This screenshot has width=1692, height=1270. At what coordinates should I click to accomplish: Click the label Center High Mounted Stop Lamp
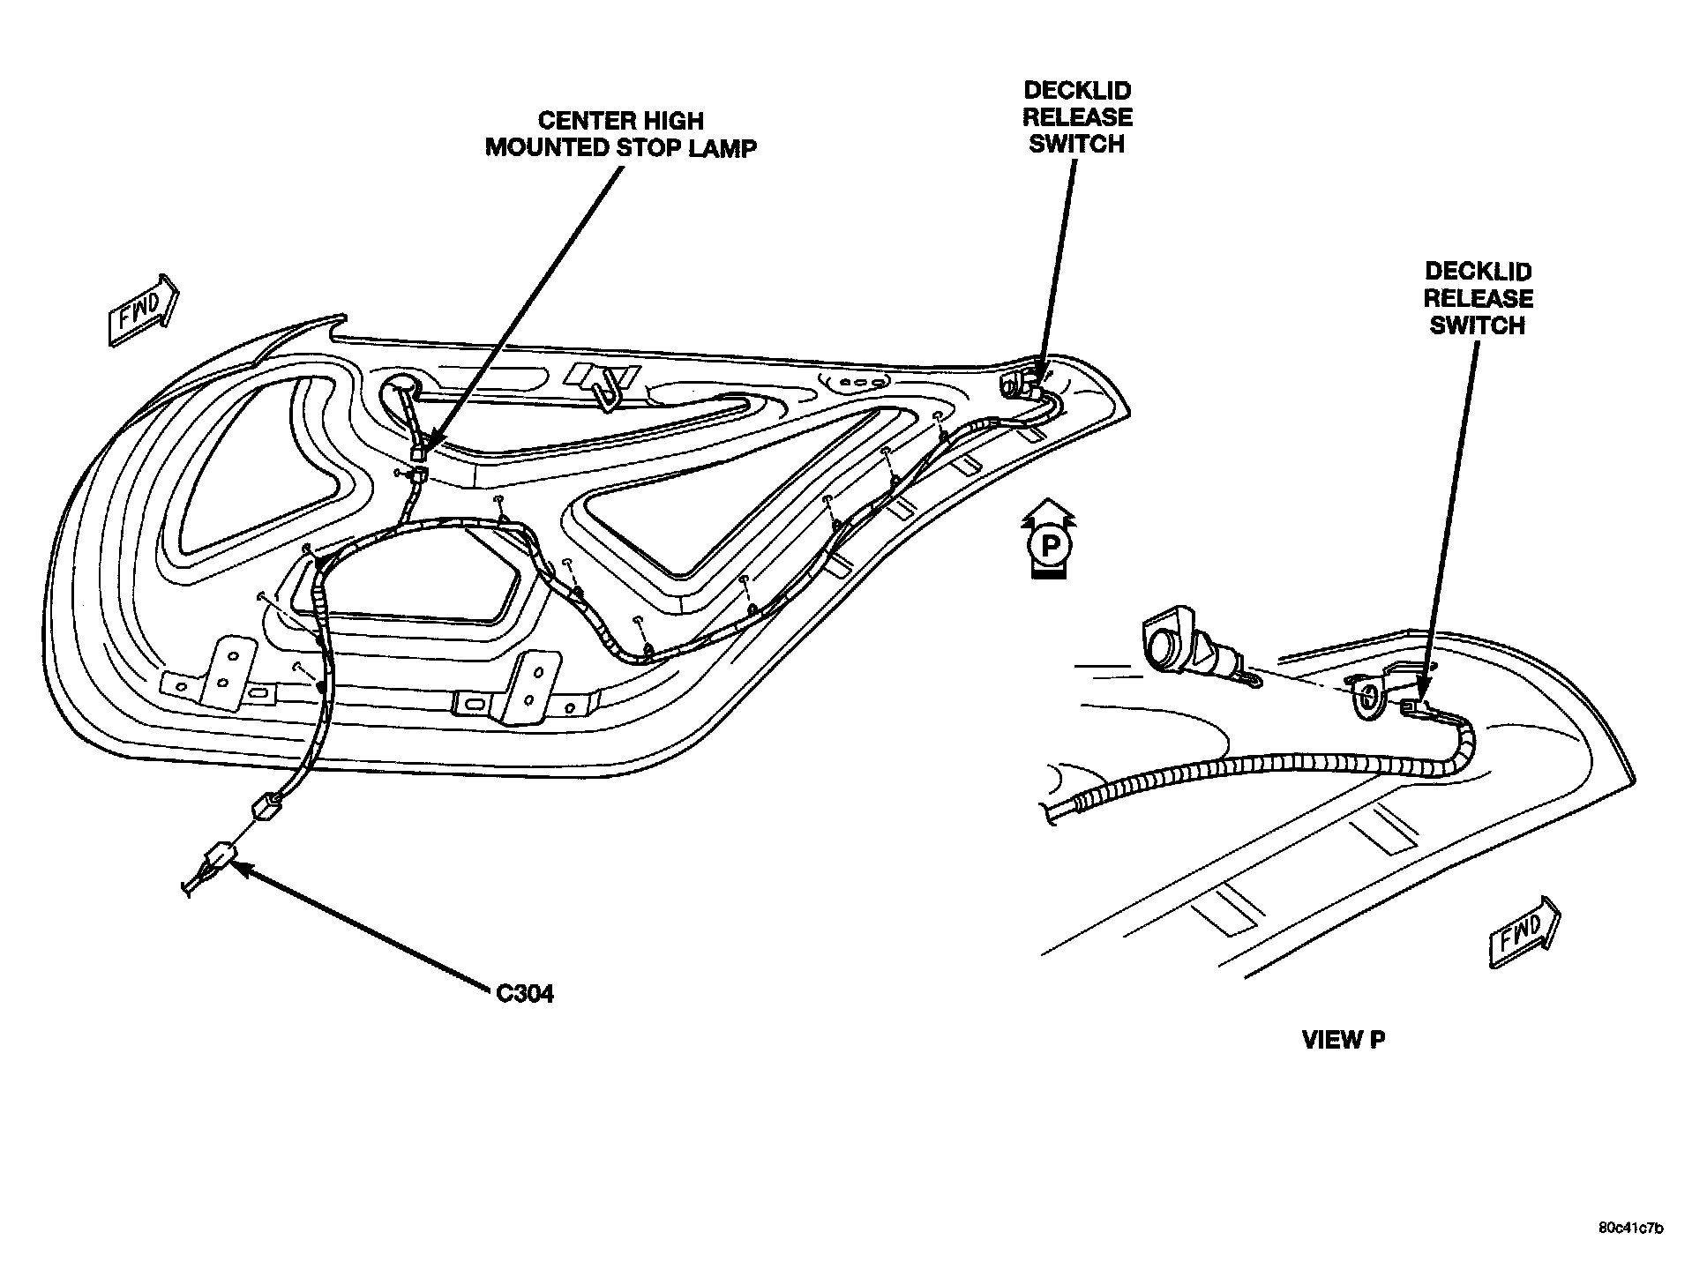click(x=620, y=134)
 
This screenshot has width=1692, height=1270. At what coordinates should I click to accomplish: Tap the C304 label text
click(x=524, y=994)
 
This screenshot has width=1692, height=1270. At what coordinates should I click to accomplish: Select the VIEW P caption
click(x=1343, y=1041)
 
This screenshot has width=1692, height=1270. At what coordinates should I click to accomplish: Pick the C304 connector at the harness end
click(x=221, y=857)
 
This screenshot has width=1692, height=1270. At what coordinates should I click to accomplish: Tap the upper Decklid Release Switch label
click(x=1076, y=117)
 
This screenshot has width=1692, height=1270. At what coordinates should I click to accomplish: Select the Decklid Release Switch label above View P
click(x=1478, y=298)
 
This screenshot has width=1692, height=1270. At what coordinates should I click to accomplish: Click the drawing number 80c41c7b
click(x=1630, y=1229)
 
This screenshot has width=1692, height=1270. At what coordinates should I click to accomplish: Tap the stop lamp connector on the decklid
click(x=420, y=452)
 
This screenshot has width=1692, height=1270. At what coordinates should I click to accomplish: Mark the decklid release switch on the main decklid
click(x=1022, y=385)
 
